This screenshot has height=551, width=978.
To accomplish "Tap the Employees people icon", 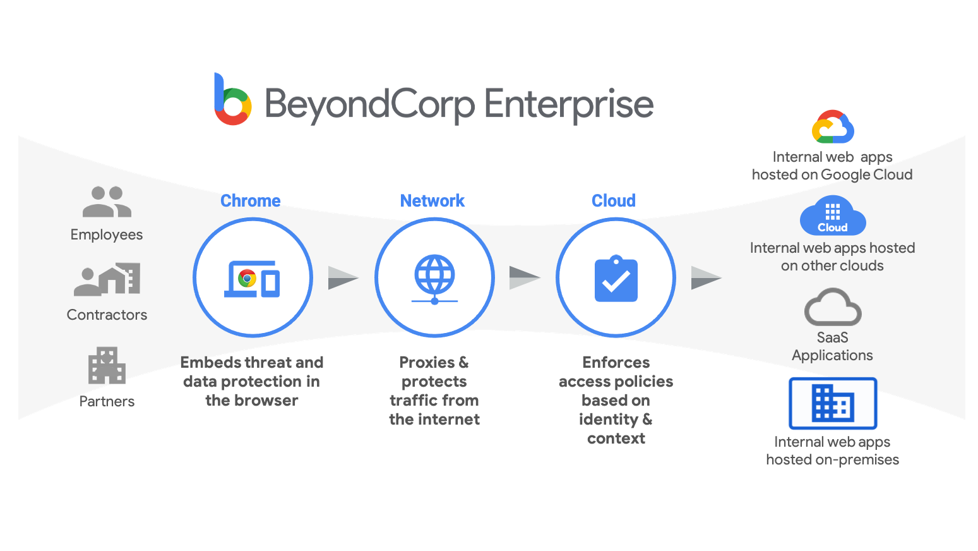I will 107,202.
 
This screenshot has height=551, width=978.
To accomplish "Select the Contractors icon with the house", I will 107,279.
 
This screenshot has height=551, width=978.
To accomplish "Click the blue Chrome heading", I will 250,201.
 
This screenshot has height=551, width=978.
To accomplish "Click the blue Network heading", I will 432,201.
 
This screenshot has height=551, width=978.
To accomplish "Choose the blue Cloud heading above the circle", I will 613,201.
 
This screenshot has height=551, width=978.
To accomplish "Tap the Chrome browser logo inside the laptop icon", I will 247,278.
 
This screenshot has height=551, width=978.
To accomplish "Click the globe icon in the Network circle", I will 434,275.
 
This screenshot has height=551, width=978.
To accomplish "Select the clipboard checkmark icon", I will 616,279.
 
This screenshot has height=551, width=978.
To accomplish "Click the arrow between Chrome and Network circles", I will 342,278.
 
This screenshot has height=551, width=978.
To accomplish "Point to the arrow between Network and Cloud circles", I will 524,277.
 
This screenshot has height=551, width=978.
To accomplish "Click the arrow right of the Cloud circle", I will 705,277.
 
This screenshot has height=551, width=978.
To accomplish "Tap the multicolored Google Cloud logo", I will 833,127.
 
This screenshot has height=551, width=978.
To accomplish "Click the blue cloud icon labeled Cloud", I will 833,216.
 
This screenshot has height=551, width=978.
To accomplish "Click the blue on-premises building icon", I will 833,403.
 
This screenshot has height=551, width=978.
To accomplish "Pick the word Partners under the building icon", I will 107,401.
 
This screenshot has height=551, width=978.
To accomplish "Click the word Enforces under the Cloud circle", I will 616,363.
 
